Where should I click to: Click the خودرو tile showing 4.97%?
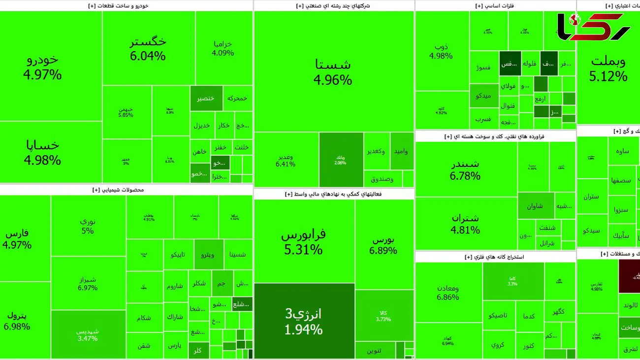point(42,66)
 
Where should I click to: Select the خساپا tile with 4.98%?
point(42,152)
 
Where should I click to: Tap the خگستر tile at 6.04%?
point(148,48)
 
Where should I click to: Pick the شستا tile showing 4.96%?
point(333,71)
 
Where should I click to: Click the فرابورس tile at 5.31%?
point(303,241)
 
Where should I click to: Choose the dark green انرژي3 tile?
point(303,321)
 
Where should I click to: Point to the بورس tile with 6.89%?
point(384,245)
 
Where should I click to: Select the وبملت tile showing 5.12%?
point(608,68)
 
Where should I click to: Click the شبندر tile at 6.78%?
point(465,169)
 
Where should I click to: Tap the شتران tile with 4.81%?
point(465,223)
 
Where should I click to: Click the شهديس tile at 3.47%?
point(88,334)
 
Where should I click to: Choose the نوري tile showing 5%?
point(88,226)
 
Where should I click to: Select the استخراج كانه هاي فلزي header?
point(494,257)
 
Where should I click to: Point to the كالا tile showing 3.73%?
point(384,315)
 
